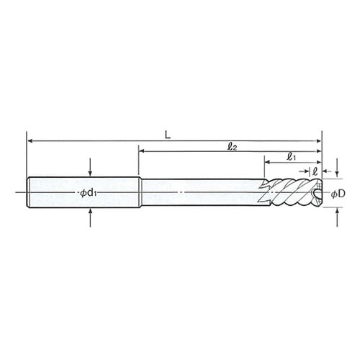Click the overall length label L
(168, 135)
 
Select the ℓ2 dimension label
(232, 147)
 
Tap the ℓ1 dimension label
(291, 157)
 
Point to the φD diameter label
(338, 194)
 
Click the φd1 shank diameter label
(89, 193)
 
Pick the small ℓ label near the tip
(315, 171)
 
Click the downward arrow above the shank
(90, 168)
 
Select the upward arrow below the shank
(90, 217)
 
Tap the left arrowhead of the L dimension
(30, 141)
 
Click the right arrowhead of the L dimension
(319, 141)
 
